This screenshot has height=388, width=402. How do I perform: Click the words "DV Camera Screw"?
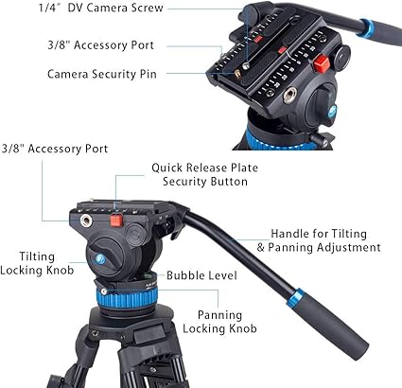tap(115, 8)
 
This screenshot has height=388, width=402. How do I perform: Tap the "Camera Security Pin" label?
tap(102, 74)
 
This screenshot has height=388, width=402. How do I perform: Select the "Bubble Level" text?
tap(201, 275)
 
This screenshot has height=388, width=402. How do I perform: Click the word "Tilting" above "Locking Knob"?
tap(37, 256)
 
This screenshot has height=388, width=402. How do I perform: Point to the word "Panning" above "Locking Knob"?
tap(219, 315)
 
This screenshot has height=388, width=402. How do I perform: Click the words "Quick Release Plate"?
tap(204, 168)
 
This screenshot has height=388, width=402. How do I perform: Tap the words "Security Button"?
tap(205, 182)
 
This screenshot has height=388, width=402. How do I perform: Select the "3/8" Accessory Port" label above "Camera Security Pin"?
tap(100, 45)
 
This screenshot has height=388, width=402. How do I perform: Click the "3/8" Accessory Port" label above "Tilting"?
tap(55, 149)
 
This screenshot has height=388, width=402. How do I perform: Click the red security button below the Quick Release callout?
tap(116, 220)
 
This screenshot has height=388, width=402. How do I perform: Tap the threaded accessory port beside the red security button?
tap(85, 220)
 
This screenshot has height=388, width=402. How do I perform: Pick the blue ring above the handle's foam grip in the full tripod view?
tap(295, 298)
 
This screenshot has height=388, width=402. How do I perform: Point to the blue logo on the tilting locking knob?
tap(100, 259)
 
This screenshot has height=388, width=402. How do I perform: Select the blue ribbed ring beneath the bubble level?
tap(127, 297)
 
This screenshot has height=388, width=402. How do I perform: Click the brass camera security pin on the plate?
tap(237, 74)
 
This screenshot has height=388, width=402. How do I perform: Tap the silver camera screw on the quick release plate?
tap(246, 65)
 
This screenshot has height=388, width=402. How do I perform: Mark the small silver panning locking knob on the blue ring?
tap(104, 291)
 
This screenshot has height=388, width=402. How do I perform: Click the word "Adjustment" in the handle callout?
tap(349, 248)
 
